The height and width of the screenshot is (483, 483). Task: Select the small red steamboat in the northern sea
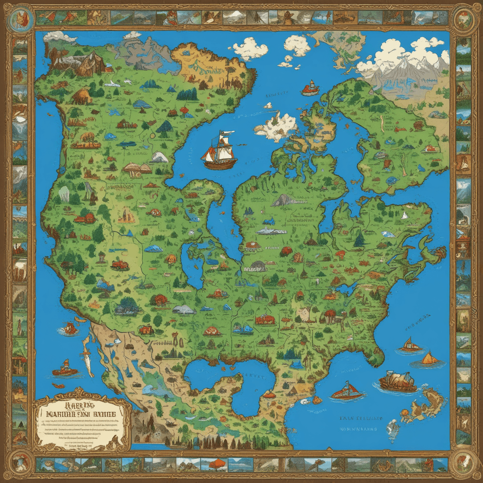(x=311, y=88)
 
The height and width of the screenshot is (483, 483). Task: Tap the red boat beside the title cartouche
(x=65, y=368)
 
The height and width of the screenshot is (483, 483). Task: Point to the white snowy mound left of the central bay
(x=160, y=157)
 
